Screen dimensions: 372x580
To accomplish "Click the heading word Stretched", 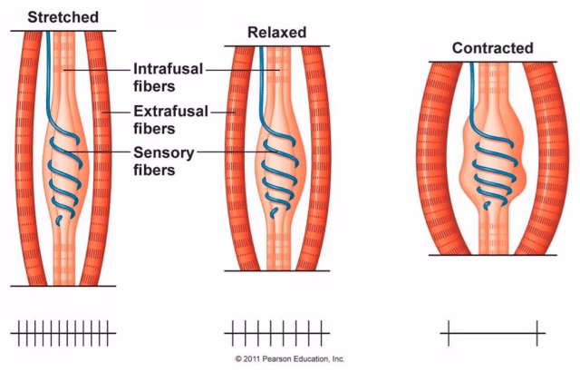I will (x=63, y=17).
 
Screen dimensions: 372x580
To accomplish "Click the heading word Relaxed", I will (x=276, y=33).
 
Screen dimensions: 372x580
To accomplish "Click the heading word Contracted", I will (x=493, y=48).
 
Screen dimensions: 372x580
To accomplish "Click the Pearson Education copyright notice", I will (x=289, y=360).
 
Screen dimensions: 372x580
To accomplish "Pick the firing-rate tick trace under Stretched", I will (x=63, y=332).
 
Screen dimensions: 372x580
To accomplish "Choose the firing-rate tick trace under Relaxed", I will (x=276, y=332).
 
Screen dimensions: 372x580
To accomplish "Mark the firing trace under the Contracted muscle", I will (x=493, y=333).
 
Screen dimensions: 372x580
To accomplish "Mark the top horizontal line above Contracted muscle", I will (x=493, y=62).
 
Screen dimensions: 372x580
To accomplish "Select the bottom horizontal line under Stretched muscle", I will (x=63, y=286).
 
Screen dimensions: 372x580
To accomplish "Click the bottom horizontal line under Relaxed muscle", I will (x=276, y=270).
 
